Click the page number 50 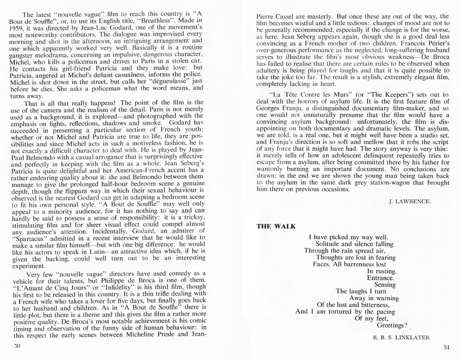[x=18, y=346]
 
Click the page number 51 [x=446, y=347]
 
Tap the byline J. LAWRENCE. [x=410, y=201]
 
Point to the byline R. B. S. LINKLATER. [x=402, y=337]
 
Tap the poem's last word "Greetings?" [x=392, y=325]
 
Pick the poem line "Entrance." [x=380, y=278]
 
